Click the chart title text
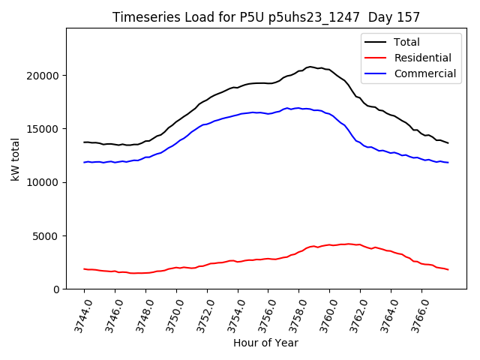tap(266, 16)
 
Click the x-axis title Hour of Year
tap(265, 343)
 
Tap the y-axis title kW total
tap(15, 159)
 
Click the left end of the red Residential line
tap(84, 268)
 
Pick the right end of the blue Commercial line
tap(448, 163)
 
